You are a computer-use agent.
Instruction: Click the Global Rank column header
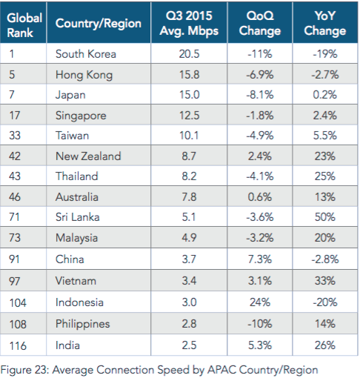click(x=24, y=25)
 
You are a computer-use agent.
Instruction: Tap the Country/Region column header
click(x=99, y=24)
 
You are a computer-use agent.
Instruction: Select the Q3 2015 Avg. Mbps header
click(x=189, y=24)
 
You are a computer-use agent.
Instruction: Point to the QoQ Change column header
click(x=260, y=24)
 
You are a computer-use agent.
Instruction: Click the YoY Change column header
click(x=325, y=24)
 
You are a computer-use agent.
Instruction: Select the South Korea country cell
click(x=86, y=54)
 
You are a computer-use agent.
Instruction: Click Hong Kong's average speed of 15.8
click(x=189, y=75)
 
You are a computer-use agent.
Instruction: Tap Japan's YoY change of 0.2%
click(x=325, y=95)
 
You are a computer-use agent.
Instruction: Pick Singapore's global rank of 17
click(x=14, y=116)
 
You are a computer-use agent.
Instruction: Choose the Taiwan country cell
click(x=72, y=136)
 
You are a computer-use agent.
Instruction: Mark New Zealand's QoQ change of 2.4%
click(x=260, y=156)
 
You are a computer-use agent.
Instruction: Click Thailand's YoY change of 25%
click(x=325, y=176)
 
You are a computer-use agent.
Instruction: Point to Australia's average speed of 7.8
click(x=189, y=197)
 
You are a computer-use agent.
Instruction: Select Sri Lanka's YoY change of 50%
click(x=325, y=217)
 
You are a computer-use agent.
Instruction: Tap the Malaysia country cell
click(x=76, y=238)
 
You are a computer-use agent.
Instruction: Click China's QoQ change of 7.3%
click(x=260, y=259)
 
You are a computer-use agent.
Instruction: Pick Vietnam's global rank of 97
click(x=14, y=281)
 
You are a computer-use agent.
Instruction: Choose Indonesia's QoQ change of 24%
click(x=260, y=302)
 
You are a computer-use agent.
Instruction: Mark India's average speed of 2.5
click(x=189, y=345)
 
